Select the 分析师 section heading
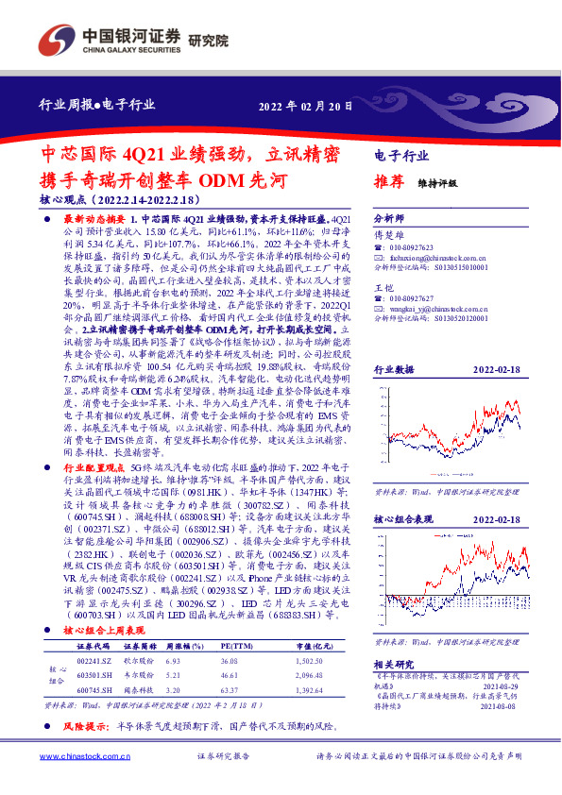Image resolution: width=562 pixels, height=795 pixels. pos(389,216)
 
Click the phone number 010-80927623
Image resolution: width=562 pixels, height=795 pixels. pos(412,245)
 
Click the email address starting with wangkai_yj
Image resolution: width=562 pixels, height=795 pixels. pos(425,308)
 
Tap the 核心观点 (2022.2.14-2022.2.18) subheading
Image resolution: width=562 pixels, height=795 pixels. pos(119,201)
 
